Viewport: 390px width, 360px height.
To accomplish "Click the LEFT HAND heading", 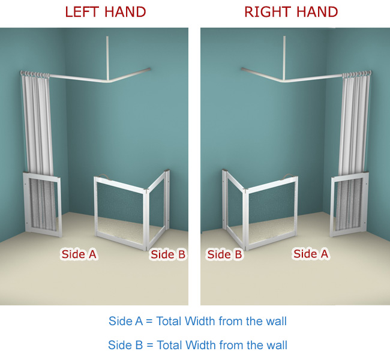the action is coord(106,12).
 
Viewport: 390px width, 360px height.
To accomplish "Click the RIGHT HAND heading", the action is coord(291,12).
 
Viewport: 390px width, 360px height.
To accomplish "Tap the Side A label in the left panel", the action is coord(79,254).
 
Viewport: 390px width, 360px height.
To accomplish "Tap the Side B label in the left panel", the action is coord(168,254).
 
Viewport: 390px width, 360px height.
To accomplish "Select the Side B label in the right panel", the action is coord(224,254).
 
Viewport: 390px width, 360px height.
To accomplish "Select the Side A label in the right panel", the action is coord(311,254).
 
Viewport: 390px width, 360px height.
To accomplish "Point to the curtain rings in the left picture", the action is coord(35,74).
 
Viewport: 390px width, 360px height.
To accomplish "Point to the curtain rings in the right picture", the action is coord(356,74).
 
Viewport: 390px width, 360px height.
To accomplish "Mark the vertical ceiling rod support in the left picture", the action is coord(107,58).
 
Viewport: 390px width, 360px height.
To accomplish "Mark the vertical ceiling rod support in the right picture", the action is coord(284,58).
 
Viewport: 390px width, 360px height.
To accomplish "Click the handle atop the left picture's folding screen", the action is coord(104,176).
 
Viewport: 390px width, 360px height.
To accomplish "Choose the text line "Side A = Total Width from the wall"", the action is coord(197,321).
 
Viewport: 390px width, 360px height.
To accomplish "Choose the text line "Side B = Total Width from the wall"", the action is coord(197,345).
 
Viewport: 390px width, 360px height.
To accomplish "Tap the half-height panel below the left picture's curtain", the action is coord(42,205).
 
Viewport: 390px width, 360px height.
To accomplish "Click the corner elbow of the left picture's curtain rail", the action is coord(108,81).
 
